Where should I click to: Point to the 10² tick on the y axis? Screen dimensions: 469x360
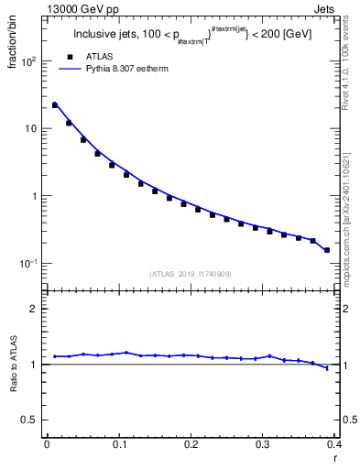pos(32,61)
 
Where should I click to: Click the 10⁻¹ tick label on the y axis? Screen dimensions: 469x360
pos(30,264)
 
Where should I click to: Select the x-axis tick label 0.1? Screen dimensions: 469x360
pos(118,445)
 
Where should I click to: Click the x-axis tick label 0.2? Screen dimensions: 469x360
pos(191,445)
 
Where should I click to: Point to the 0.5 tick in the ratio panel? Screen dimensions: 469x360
pos(32,420)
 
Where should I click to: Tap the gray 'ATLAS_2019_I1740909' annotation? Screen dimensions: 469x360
pos(191,274)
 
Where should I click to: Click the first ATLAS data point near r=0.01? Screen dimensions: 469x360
pos(54,105)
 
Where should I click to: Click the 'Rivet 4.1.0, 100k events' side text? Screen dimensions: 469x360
pos(351,57)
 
